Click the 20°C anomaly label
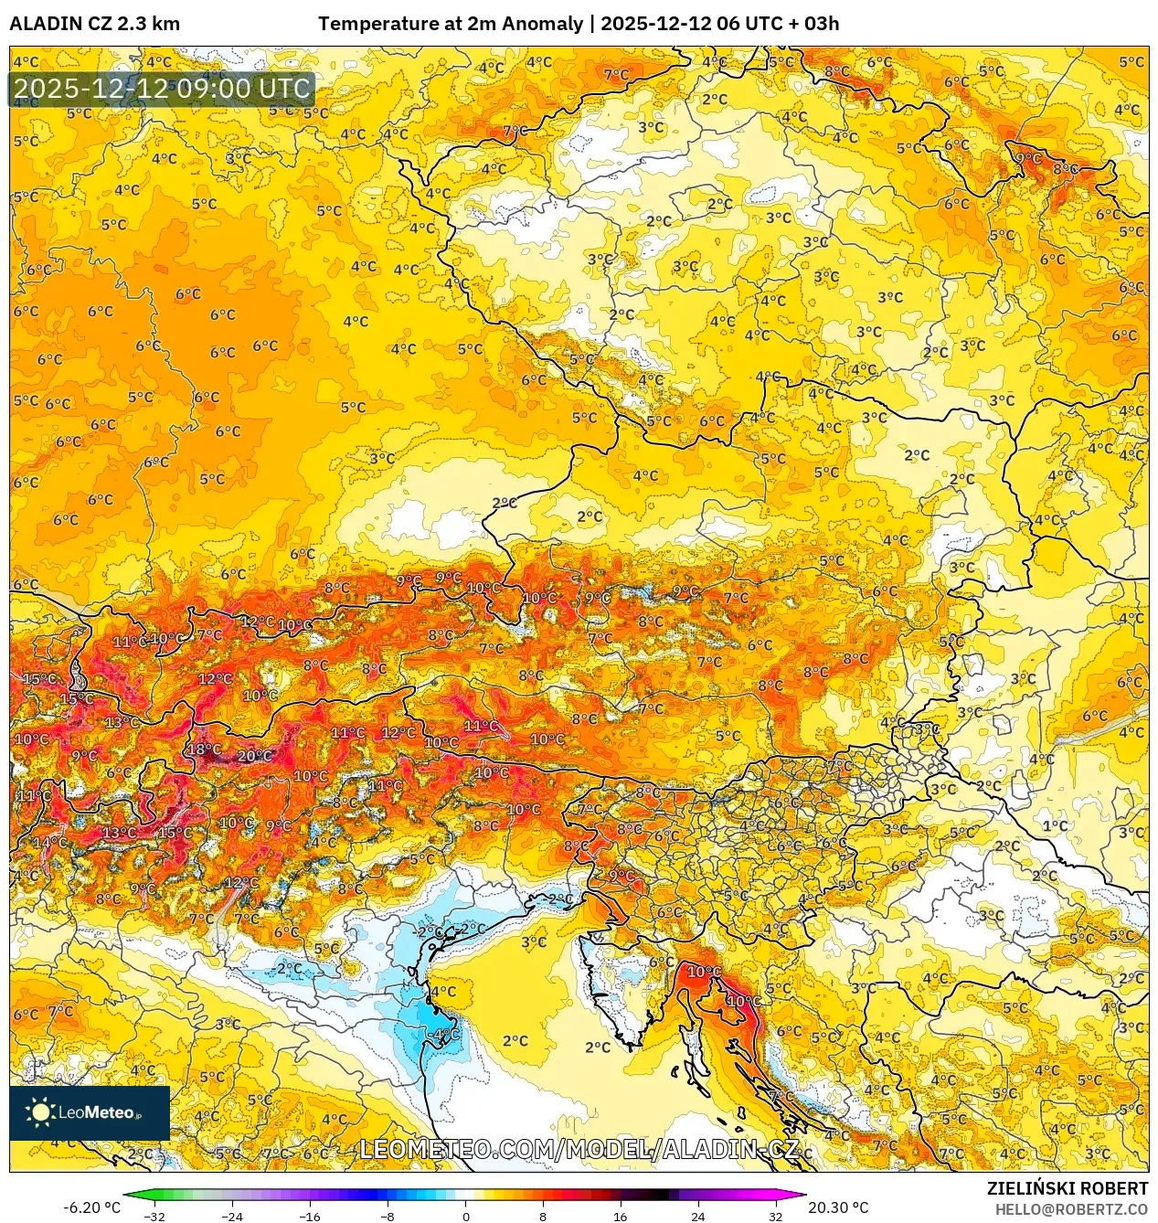coord(254,756)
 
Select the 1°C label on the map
coord(1055,825)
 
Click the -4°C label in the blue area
coord(446,1034)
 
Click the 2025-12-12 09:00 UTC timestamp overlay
coord(162,89)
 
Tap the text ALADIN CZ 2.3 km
coord(94,24)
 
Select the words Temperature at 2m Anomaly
coord(450,24)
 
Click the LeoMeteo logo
coord(90,1112)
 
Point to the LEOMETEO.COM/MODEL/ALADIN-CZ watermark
coord(579,1149)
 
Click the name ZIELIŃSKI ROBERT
coord(1067,1188)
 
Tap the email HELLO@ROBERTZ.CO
coord(1070,1209)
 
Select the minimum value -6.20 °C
coord(91,1207)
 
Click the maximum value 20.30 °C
coord(838,1207)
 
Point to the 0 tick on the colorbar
coord(465,1216)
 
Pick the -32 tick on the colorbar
coord(154,1216)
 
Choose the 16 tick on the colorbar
coord(620,1216)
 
